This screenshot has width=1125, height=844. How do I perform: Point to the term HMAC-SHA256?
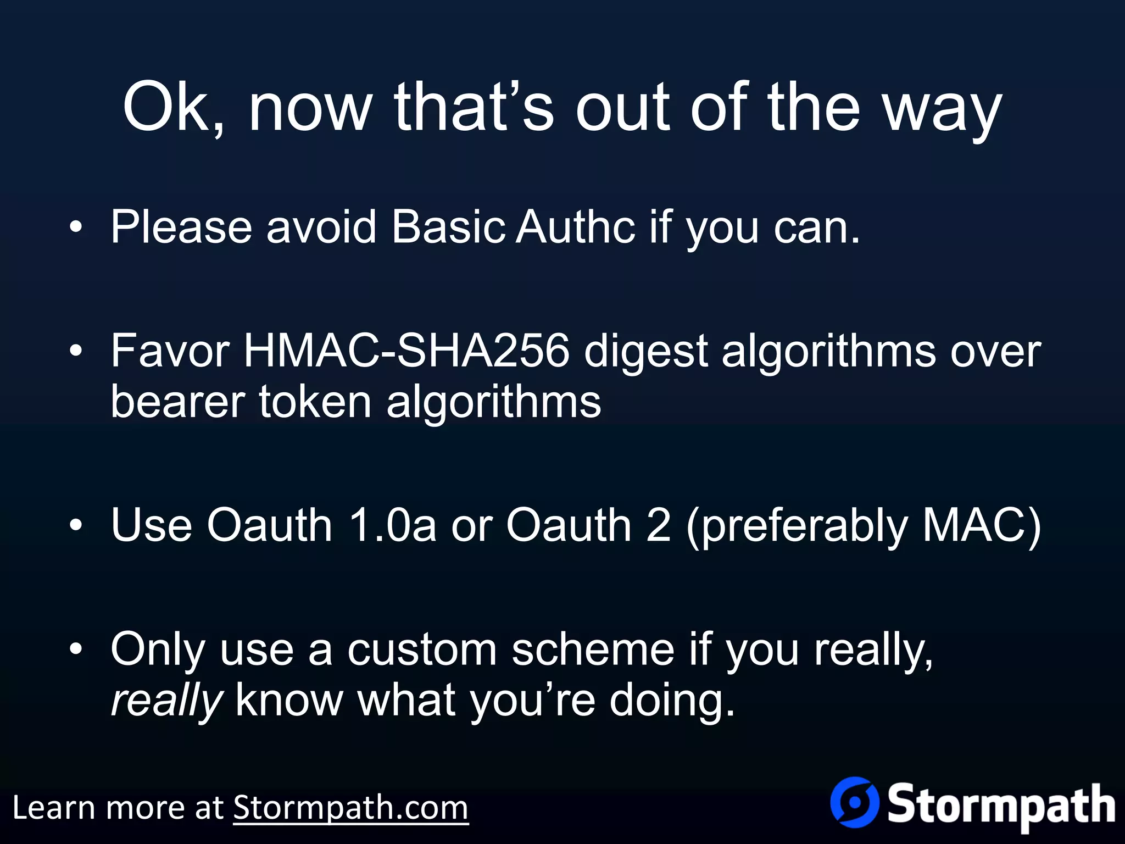[406, 351]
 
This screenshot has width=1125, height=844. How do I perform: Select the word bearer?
[177, 401]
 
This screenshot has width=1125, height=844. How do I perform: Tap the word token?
[315, 401]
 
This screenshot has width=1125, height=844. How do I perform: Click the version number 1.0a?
[392, 525]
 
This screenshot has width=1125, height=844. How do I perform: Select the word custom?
[422, 649]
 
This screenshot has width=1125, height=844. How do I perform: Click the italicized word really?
[166, 702]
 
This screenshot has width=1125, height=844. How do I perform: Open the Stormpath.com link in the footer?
[350, 808]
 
